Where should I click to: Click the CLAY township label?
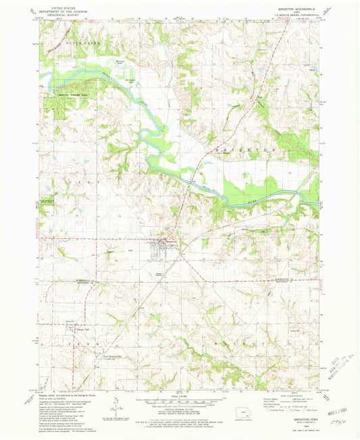point(47,184)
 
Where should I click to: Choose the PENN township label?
point(80,343)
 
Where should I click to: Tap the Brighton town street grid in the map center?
point(164,250)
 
